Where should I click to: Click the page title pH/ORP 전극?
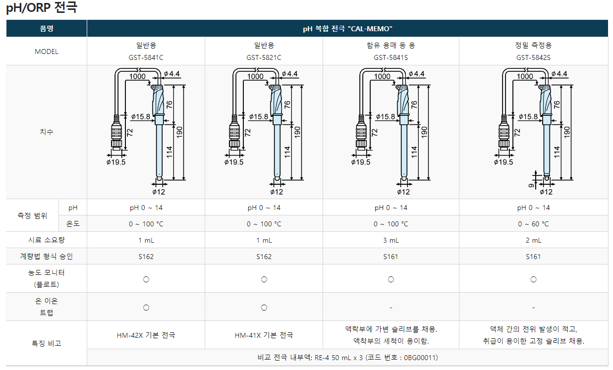[42, 8]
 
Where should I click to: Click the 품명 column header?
[47, 28]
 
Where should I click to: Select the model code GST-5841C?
[146, 57]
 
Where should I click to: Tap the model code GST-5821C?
[264, 57]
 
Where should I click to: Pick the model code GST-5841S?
[391, 57]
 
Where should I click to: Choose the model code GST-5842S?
[533, 57]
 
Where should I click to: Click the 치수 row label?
[47, 132]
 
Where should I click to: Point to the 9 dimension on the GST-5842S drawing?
[531, 186]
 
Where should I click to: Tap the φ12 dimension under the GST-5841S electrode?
[404, 192]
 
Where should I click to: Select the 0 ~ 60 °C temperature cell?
[533, 224]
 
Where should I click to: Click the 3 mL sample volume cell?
[391, 240]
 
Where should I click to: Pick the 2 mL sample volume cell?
[533, 240]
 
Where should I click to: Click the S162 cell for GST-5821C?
[264, 257]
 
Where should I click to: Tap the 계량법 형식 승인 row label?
[47, 257]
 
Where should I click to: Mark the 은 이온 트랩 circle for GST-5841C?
[146, 308]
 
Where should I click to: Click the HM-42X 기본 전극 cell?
[146, 335]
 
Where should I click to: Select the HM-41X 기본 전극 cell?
[264, 335]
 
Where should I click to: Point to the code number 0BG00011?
[422, 358]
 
